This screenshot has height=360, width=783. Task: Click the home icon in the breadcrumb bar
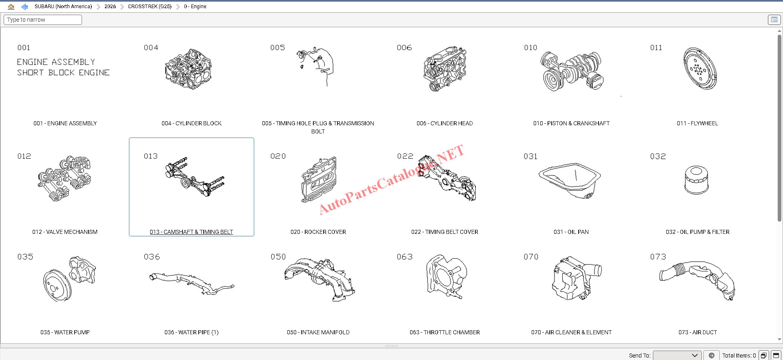[11, 7]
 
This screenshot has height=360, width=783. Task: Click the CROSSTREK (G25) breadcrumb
[150, 7]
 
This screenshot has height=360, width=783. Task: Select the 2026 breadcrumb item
[110, 7]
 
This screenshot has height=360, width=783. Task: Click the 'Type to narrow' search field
[43, 20]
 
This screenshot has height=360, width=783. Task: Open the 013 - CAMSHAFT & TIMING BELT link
[191, 232]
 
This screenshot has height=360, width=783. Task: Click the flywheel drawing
[700, 68]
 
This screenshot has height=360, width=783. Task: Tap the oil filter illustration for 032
[696, 180]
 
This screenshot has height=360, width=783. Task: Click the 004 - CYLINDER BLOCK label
[191, 123]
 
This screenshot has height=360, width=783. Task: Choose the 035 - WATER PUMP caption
[65, 332]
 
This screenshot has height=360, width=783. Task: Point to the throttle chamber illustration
[446, 277]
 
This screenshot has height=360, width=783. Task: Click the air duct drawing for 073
[697, 280]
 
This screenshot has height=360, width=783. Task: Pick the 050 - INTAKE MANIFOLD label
[318, 332]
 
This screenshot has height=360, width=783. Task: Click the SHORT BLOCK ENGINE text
[63, 73]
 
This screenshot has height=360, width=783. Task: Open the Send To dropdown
[677, 356]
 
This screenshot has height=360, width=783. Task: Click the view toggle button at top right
[774, 20]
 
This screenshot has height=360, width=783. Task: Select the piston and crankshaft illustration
[572, 71]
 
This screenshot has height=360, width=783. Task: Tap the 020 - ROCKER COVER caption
[318, 232]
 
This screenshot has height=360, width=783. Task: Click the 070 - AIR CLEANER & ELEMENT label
[571, 332]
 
